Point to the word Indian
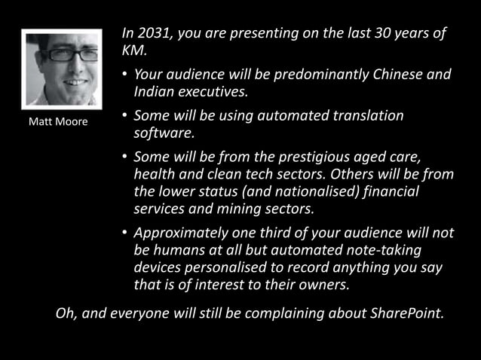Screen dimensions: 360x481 pyautogui.click(x=154, y=92)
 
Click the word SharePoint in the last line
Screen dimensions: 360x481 pyautogui.click(x=404, y=313)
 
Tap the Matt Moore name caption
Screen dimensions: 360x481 pyautogui.click(x=57, y=121)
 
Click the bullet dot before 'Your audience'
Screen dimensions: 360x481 pyautogui.click(x=124, y=75)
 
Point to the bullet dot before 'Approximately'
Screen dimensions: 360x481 pyautogui.click(x=124, y=233)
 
